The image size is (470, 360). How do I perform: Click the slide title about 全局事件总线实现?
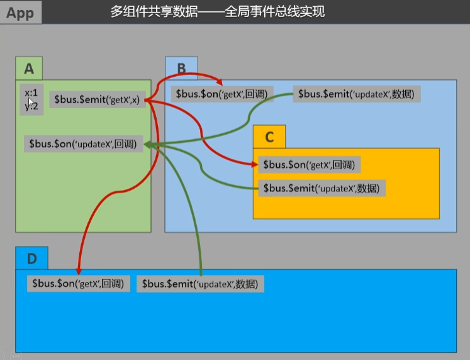pos(218,11)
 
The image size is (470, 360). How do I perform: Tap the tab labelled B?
pos(181,68)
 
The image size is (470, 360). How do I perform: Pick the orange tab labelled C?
pos(269,137)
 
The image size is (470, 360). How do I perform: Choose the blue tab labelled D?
pos(31,258)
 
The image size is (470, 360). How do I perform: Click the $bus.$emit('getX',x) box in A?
pos(98,99)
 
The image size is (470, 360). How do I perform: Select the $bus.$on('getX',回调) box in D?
pos(78,283)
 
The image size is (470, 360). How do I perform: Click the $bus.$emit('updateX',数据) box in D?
pos(201,284)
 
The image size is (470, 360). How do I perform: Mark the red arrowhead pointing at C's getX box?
pos(254,164)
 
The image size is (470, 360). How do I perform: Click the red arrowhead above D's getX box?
pos(79,271)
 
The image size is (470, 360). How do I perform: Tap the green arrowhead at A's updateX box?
pos(148,144)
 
